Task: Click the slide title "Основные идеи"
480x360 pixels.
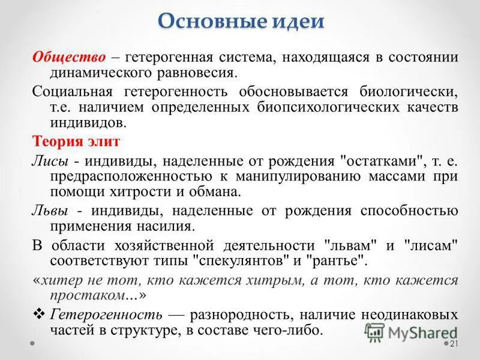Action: pos(242,22)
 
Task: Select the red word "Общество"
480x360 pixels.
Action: pos(70,58)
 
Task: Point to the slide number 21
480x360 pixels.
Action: pos(454,343)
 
